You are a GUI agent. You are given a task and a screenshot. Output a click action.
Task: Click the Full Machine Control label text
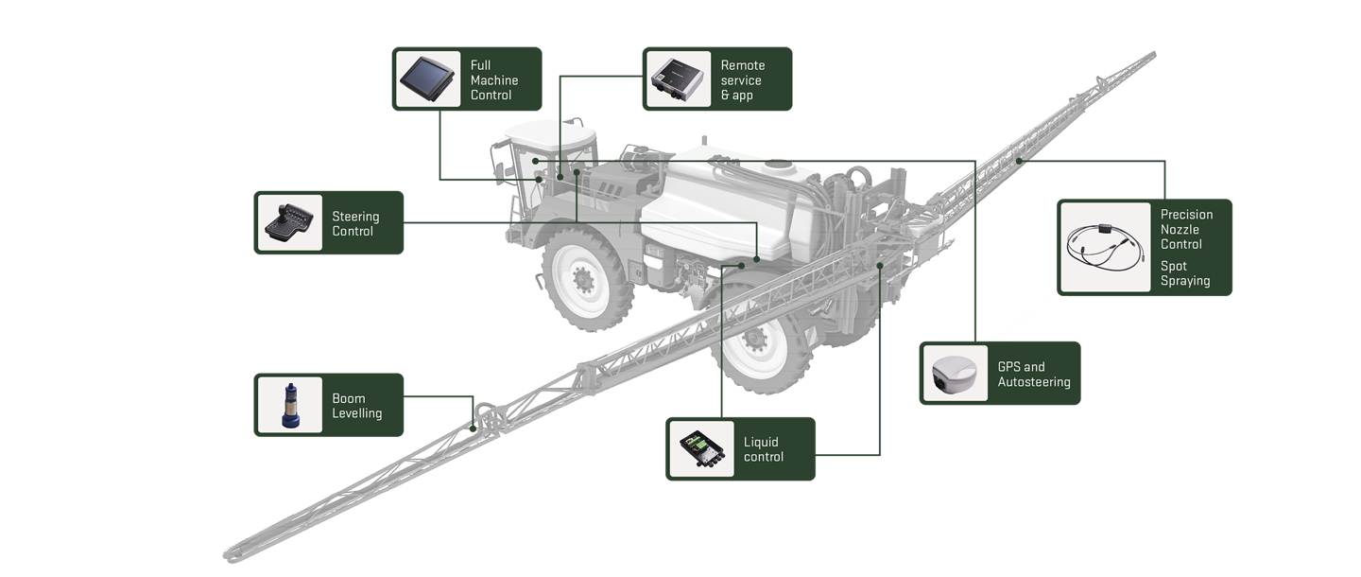click(494, 79)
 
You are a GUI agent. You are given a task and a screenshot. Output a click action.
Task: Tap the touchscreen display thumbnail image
click(427, 79)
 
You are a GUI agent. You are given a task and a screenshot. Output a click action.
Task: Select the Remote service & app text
click(743, 79)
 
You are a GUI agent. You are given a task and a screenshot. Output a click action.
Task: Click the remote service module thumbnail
click(678, 79)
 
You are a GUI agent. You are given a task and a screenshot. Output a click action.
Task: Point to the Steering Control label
click(355, 223)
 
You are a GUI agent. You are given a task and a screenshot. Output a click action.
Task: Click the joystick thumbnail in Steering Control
click(289, 223)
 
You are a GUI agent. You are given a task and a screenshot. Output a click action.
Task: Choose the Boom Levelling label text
click(356, 406)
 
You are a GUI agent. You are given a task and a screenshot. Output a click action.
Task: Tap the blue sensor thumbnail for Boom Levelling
click(290, 406)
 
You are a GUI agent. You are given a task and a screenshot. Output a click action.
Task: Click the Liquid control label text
click(763, 449)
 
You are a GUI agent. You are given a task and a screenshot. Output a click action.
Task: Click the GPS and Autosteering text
click(1034, 374)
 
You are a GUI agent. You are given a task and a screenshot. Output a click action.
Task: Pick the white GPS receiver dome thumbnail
click(955, 374)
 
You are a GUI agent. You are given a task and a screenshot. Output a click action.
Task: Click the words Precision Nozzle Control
click(1186, 229)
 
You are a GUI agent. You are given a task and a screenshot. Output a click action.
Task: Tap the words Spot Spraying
click(1185, 273)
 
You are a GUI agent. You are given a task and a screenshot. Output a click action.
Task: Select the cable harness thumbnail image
click(1105, 248)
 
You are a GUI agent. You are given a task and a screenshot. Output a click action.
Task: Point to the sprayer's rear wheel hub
click(753, 338)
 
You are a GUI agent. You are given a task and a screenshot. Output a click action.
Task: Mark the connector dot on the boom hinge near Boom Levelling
click(474, 428)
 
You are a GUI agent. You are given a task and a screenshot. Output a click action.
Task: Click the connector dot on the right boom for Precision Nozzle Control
click(1019, 161)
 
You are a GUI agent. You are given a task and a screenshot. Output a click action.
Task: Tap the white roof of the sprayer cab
click(550, 132)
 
